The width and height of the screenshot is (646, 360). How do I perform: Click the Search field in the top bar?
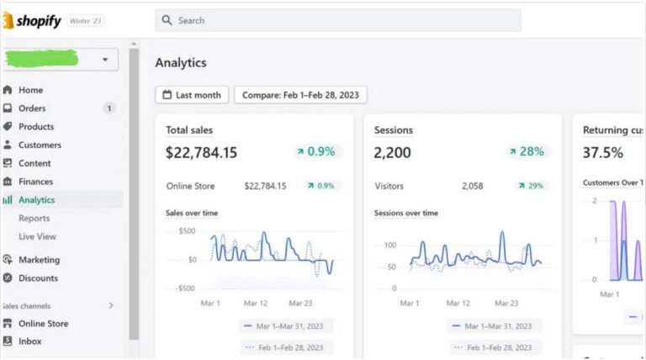pos(337,20)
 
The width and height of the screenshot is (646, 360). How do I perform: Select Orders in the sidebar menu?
pos(32,109)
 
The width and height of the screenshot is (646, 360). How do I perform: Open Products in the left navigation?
pos(35,127)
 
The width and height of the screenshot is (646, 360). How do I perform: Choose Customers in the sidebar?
pos(40,146)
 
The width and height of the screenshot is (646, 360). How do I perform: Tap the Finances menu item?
pos(35,182)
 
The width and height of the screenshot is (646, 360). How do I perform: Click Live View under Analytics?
pos(37,237)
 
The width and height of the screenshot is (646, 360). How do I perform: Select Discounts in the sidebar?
pos(39,278)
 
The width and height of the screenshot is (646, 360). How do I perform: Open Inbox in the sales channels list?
pos(29,341)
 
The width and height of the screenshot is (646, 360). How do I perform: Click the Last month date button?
pos(192,95)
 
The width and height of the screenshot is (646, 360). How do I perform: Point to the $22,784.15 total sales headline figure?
pos(201,152)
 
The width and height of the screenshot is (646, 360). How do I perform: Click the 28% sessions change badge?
pos(526,151)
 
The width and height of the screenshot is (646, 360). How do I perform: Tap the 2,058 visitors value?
pos(472,186)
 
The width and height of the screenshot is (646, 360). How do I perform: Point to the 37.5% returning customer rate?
pos(603,152)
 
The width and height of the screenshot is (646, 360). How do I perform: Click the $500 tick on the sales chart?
pos(187,230)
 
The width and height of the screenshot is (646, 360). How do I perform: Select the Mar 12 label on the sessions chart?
pos(458,303)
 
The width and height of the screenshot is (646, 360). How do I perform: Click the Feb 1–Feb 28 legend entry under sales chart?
pos(286,347)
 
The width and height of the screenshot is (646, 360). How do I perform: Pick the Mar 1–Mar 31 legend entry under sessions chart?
pos(491,326)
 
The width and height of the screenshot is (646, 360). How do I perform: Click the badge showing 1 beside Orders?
pos(109,109)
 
